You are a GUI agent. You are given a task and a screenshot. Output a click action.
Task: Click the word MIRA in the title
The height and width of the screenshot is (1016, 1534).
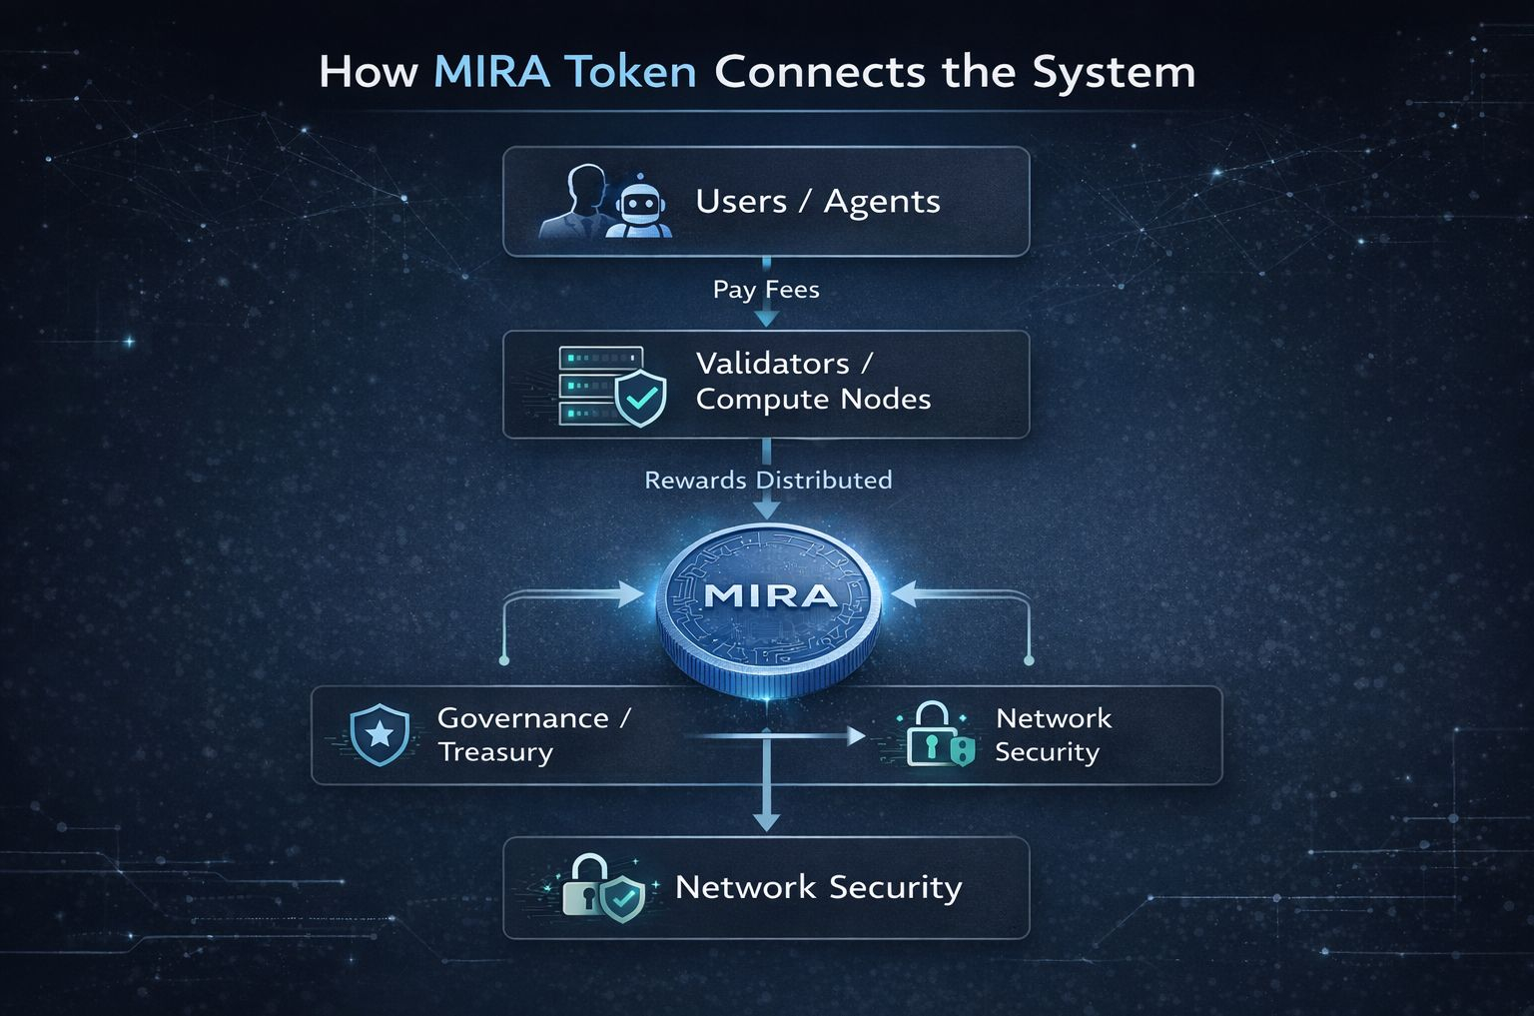491,72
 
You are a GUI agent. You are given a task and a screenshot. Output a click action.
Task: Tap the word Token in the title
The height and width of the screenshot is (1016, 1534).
629,72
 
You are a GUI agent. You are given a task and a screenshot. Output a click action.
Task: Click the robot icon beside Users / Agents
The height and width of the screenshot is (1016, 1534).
638,205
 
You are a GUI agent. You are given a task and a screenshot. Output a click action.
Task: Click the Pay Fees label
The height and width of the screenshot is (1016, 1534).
766,290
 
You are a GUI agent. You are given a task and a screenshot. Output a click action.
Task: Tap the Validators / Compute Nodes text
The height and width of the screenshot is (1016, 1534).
812,381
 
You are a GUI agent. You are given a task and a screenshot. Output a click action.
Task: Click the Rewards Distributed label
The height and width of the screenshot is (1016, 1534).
768,481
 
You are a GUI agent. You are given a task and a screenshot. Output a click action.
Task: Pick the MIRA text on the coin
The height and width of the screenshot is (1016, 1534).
770,596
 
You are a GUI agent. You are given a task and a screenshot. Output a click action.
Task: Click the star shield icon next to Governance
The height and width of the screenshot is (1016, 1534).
380,735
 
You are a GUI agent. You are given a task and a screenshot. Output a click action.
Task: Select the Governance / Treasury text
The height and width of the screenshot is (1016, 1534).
533,734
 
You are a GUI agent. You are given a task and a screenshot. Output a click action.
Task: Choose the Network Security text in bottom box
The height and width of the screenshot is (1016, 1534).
818,887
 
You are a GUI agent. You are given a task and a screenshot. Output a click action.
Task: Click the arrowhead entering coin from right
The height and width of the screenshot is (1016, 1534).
903,595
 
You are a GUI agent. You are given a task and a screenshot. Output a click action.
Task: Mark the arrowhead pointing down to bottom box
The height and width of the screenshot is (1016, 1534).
766,820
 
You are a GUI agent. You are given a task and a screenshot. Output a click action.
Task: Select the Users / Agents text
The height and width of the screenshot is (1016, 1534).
817,202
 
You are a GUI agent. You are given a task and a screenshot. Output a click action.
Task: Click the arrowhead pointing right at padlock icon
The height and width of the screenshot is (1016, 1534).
856,736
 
